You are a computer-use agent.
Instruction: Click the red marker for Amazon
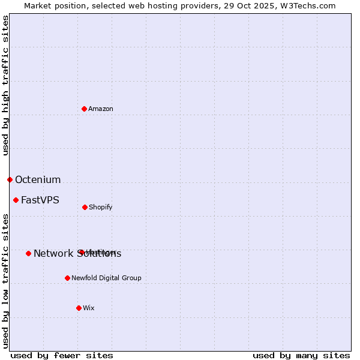click(85, 109)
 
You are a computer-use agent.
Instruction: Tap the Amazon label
click(101, 109)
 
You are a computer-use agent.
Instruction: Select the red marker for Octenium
click(10, 179)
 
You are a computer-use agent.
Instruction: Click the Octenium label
click(38, 179)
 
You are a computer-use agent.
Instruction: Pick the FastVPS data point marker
click(16, 200)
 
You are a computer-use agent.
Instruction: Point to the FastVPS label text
click(40, 200)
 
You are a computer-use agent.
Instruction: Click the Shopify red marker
click(85, 207)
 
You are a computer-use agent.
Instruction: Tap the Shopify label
click(101, 207)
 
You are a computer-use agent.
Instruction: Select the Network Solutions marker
click(28, 253)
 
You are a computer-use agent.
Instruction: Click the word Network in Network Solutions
click(53, 253)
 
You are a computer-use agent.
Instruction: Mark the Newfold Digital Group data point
click(67, 278)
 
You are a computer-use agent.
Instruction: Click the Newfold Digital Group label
click(106, 278)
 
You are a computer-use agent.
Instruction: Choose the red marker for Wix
click(79, 308)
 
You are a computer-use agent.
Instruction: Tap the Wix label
click(89, 308)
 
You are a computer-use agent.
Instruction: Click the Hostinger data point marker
click(80, 252)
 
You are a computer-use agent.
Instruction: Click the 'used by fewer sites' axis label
click(62, 355)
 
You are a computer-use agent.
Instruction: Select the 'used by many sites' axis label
click(301, 355)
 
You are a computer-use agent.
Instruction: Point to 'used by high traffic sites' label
click(5, 85)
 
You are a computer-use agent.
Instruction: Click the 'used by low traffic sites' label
click(5, 281)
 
